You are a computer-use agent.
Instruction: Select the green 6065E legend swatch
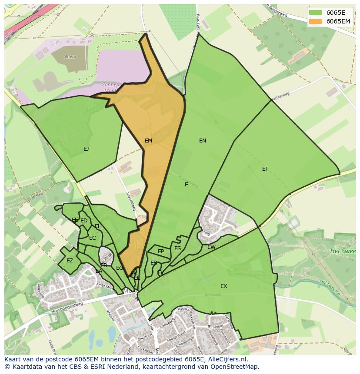coord(316,12)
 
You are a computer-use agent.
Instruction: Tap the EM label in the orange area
coord(149,141)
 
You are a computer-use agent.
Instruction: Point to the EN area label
coord(203,141)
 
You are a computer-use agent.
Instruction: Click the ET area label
coord(265,169)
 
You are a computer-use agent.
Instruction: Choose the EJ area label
coord(86,149)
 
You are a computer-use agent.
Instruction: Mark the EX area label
coord(223,286)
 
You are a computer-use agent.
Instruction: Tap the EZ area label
coord(70,261)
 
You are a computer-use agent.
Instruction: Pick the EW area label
coord(211,247)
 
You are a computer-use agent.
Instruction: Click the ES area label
coord(177,248)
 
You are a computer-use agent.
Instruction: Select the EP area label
coord(161,252)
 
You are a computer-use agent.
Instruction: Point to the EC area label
coord(92,238)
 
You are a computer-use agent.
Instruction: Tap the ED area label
coord(84,221)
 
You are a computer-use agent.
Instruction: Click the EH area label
coord(98,226)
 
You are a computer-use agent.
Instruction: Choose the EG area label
coord(119,268)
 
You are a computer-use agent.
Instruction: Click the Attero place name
coord(70,57)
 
